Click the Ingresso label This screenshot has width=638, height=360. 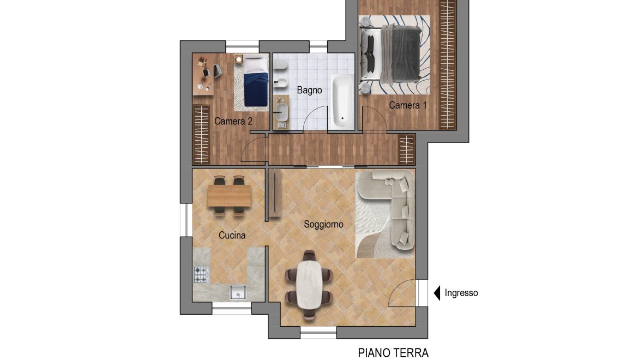pos(461,293)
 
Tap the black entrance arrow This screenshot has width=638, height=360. pos(437,293)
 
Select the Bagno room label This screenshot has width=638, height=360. pos(309,91)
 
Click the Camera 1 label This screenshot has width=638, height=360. pos(408,105)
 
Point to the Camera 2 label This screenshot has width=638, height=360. pos(233,121)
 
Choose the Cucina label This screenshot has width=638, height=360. pos(232,235)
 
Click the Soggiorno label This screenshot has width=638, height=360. pos(323,224)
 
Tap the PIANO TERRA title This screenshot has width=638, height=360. pos(393,353)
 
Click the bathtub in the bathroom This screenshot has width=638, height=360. pos(342,101)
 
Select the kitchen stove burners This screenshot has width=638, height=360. pos(200,274)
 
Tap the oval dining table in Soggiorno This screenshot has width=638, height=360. pos(309,284)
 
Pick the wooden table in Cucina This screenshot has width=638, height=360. pos(229,196)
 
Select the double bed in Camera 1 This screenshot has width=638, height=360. pos(390,53)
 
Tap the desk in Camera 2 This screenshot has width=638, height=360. pos(202,74)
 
